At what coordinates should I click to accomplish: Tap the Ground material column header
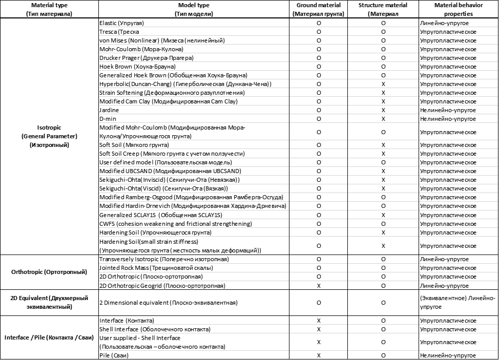[x=319, y=9]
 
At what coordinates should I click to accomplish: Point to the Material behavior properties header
[x=458, y=9]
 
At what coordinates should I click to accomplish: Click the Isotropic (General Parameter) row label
[x=49, y=136]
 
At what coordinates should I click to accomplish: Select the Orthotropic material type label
[x=49, y=272]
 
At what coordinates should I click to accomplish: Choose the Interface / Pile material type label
[x=49, y=337]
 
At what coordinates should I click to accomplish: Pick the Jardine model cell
[x=109, y=110]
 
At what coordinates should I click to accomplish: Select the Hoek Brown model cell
[x=137, y=67]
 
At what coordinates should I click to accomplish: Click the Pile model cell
[x=114, y=355]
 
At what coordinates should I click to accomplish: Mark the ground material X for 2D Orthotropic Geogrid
[x=319, y=285]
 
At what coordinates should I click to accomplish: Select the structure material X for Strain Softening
[x=383, y=93]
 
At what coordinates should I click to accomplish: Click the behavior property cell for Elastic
[x=444, y=23]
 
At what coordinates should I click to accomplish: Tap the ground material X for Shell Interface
[x=319, y=329]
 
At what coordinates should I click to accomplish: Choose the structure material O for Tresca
[x=383, y=32]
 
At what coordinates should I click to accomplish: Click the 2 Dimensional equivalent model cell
[x=169, y=303]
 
